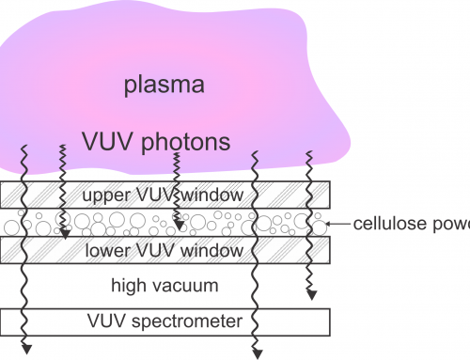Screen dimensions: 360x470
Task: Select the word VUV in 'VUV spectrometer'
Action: click(x=109, y=321)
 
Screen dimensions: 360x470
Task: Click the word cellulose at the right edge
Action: click(x=386, y=224)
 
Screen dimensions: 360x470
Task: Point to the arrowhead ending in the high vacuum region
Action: click(x=309, y=299)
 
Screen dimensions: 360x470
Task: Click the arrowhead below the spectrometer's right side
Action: click(x=255, y=353)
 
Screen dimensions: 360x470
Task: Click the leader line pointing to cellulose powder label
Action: click(x=338, y=225)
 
